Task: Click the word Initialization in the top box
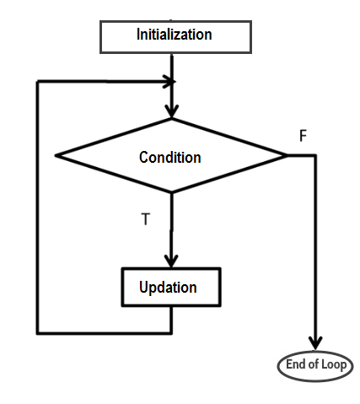tap(174, 35)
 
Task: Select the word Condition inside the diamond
tap(169, 158)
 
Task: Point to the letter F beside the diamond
tap(303, 136)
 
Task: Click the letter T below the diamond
tap(145, 218)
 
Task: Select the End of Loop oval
tap(315, 365)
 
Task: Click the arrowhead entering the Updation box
tap(171, 261)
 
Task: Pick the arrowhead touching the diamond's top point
tap(172, 111)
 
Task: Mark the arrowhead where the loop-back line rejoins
tap(168, 82)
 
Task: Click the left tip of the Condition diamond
tap(56, 155)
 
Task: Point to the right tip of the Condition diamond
tap(287, 155)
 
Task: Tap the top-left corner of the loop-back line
tap(38, 82)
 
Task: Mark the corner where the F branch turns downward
tap(315, 155)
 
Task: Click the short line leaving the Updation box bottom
tap(171, 319)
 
